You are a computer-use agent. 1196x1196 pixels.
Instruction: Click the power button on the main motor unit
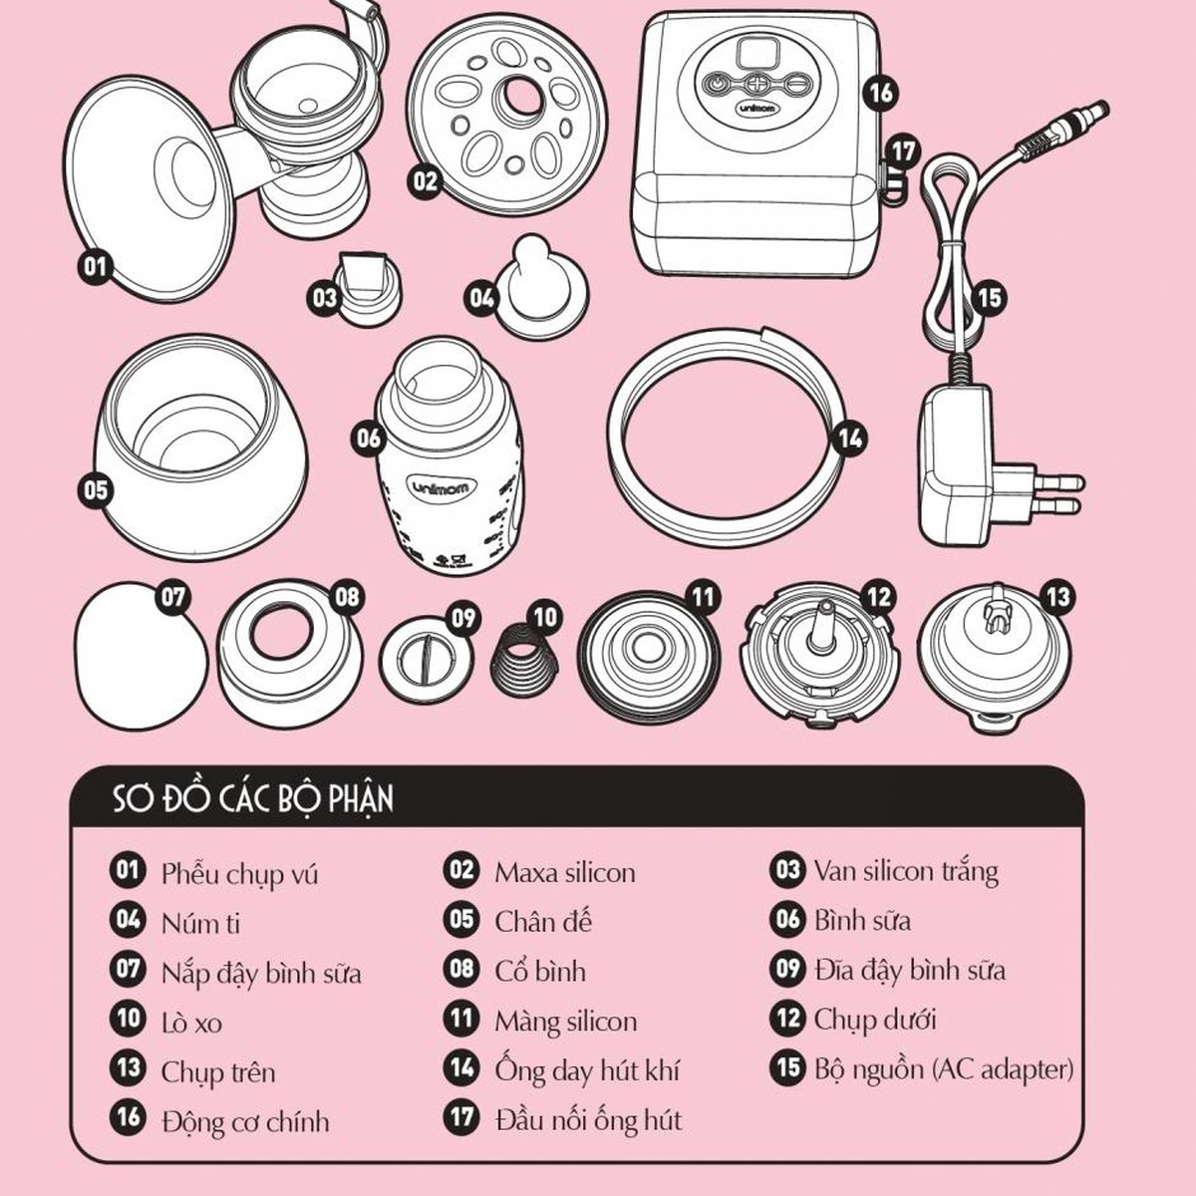point(717,82)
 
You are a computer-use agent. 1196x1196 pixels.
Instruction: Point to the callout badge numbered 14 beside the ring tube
point(851,439)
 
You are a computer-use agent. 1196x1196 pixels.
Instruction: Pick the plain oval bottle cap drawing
point(141,656)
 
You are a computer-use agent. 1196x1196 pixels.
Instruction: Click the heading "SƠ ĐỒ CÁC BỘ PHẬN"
point(253,798)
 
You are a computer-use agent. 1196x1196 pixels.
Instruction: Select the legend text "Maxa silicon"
point(565,873)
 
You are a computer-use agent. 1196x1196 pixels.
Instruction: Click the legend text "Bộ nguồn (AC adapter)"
point(944,1069)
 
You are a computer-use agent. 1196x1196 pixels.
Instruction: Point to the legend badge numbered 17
point(461,1118)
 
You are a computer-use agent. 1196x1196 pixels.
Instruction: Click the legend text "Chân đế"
point(543,922)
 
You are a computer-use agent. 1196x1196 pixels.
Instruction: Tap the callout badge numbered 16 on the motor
point(881,93)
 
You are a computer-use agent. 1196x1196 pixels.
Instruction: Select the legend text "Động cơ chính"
point(245,1121)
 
